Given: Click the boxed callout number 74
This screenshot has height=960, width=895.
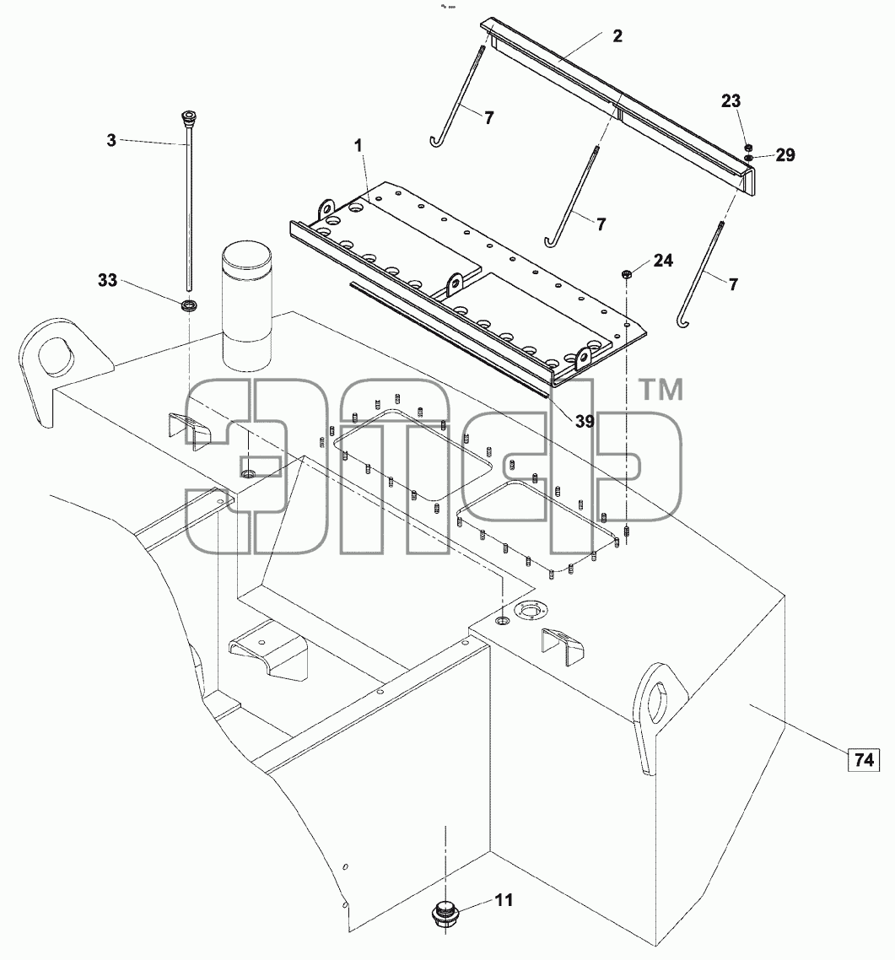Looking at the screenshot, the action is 863,760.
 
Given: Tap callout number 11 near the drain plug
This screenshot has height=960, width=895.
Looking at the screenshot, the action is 504,900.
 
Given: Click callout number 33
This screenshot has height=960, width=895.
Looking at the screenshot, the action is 108,280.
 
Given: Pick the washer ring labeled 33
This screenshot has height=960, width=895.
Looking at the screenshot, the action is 189,305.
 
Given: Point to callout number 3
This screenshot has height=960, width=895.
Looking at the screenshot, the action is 111,140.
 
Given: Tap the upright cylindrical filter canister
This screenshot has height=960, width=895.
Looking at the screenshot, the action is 246,306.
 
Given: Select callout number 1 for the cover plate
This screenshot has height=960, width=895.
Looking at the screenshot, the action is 359,146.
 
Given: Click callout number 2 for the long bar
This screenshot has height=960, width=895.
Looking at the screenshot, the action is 617,36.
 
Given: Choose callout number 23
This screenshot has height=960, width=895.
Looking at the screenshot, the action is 731,101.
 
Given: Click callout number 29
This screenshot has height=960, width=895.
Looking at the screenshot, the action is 785,155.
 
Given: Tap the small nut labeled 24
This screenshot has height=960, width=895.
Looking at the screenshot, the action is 626,273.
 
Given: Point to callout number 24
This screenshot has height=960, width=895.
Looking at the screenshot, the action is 663,261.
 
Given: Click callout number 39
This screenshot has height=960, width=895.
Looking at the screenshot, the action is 585,421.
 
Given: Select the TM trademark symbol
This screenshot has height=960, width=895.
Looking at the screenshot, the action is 660,390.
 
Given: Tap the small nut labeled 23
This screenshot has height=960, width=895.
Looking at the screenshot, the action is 748,148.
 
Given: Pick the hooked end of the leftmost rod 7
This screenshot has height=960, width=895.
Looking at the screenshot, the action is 436,142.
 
